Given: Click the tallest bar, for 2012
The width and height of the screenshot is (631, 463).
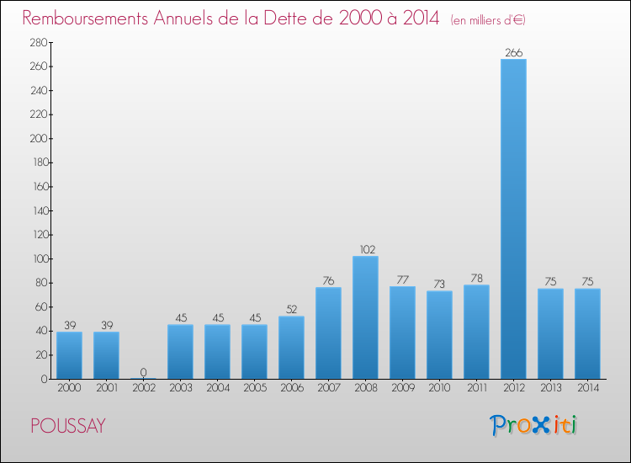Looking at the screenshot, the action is click(x=513, y=219).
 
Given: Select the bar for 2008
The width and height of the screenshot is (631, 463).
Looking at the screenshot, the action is click(x=365, y=317).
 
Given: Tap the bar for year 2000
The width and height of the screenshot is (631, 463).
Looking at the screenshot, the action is click(x=69, y=355).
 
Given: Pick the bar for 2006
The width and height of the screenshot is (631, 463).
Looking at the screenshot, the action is click(x=291, y=348).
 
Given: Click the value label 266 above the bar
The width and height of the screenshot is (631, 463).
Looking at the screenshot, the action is click(x=514, y=53).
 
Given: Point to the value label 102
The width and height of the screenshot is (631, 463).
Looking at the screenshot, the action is click(x=367, y=250).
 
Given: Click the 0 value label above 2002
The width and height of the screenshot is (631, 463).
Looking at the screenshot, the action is click(x=143, y=372).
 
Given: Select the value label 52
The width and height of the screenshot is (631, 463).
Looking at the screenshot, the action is click(x=291, y=309).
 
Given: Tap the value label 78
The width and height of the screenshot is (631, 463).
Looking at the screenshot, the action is click(x=476, y=278).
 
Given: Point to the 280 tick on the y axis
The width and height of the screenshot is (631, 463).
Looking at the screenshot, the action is click(x=39, y=42).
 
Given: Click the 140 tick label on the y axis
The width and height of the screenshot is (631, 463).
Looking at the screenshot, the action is click(x=40, y=210).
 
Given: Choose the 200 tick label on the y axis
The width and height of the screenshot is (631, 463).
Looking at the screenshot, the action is click(x=39, y=139).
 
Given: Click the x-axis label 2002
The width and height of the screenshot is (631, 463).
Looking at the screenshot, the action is click(x=144, y=388).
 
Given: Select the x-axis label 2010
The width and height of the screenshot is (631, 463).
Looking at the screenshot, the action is click(x=439, y=388).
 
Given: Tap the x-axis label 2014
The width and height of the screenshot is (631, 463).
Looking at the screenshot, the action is click(x=588, y=388).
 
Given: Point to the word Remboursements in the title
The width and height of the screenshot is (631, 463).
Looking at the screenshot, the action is click(x=85, y=18).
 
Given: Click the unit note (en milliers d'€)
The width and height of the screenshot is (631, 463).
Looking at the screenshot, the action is click(x=488, y=20).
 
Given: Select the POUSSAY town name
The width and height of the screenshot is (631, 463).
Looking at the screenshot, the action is click(x=68, y=426).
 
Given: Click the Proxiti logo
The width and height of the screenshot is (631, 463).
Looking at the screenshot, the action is click(x=533, y=425).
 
